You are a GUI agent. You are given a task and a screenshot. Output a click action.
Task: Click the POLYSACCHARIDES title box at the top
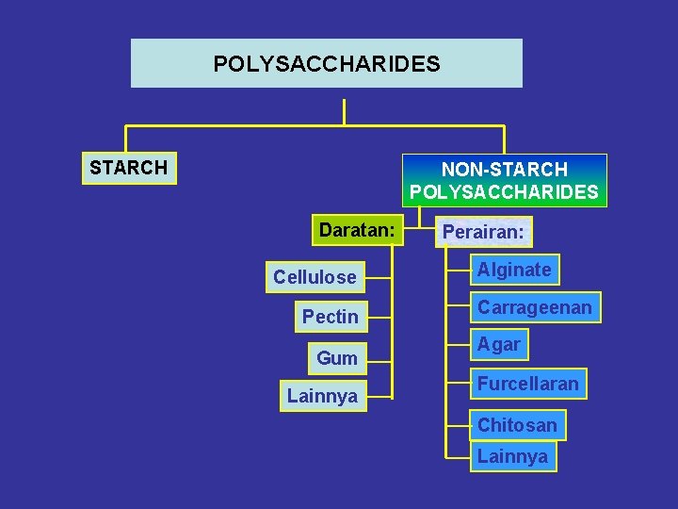tap(326, 63)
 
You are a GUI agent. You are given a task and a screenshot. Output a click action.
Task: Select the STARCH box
tap(129, 168)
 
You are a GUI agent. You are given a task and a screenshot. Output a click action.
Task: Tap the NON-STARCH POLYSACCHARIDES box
tap(504, 181)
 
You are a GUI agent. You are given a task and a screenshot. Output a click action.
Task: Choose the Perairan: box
tap(483, 232)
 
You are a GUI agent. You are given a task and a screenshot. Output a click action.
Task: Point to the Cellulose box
tap(315, 277)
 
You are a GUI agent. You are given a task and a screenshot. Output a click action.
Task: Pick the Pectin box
tap(330, 317)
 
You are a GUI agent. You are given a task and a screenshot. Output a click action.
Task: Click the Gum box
tap(336, 358)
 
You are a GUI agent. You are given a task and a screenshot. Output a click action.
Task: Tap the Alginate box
tap(514, 270)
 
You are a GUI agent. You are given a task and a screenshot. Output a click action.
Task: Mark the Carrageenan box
tap(534, 307)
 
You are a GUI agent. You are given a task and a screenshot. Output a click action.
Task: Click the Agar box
tap(498, 345)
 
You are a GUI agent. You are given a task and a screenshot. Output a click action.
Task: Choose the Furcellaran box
tap(527, 384)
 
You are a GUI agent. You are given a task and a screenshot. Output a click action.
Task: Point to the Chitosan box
tap(517, 425)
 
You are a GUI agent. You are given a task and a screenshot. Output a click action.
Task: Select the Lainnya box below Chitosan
tap(512, 457)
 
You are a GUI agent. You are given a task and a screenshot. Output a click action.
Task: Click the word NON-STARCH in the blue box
tap(504, 170)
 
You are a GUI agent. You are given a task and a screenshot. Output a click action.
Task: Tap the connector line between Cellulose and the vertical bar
tap(379, 278)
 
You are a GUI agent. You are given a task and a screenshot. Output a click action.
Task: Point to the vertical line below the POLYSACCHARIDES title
tap(345, 107)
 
